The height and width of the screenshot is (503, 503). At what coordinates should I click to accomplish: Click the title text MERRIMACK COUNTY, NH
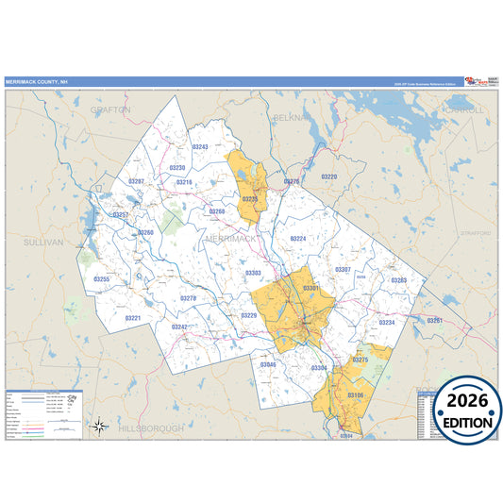[x=36, y=82]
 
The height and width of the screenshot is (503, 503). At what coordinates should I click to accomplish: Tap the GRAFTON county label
[x=110, y=110]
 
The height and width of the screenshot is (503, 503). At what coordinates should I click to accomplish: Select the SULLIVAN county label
[x=43, y=243]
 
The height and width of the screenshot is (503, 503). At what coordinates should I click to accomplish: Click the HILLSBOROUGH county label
[x=151, y=428]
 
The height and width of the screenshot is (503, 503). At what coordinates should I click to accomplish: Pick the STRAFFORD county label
[x=478, y=232]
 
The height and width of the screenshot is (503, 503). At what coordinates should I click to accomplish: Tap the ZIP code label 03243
[x=200, y=147]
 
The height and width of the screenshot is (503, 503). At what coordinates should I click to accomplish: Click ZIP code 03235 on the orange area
[x=250, y=200]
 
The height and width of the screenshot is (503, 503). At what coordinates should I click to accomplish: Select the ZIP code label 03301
[x=311, y=287]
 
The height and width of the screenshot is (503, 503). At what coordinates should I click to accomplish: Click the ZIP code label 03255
[x=102, y=279]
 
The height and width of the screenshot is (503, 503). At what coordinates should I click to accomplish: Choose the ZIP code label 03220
[x=328, y=176]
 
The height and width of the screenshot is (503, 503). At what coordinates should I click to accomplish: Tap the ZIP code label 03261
[x=434, y=321]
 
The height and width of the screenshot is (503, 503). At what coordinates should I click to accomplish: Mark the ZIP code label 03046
[x=268, y=364]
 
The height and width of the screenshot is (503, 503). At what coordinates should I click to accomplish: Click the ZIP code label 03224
[x=297, y=239]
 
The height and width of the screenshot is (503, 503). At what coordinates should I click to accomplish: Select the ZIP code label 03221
[x=133, y=318]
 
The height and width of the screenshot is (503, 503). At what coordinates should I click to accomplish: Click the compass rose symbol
[x=99, y=426]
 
